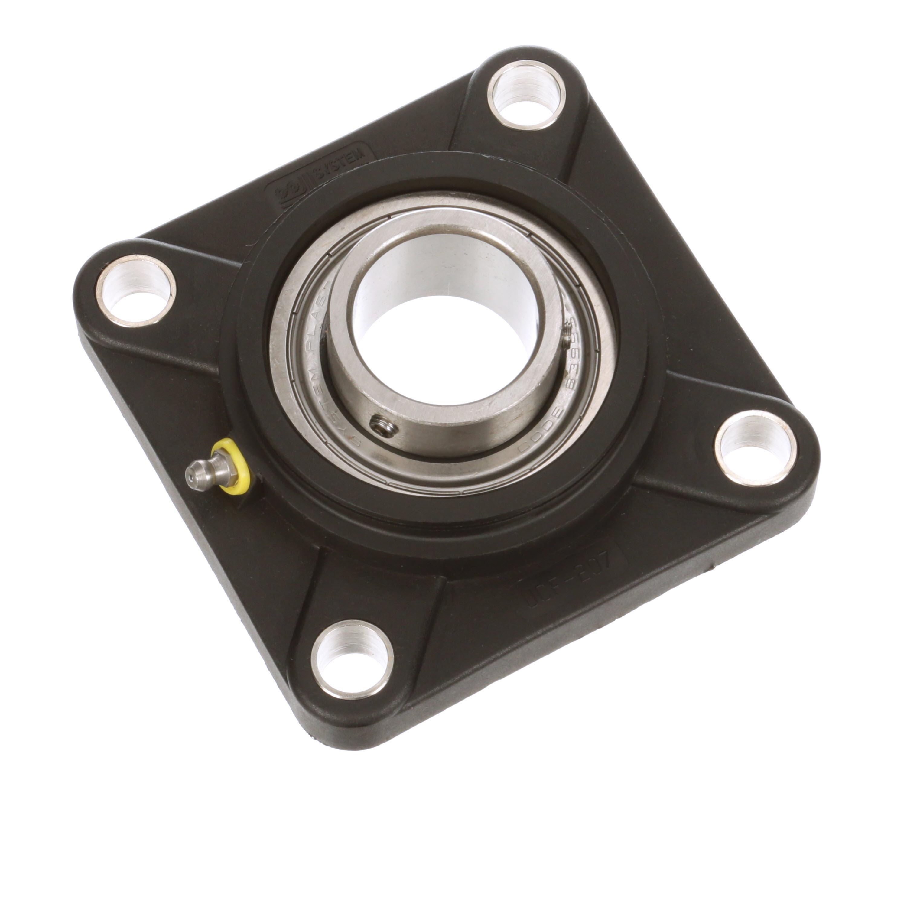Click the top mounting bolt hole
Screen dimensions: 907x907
526,97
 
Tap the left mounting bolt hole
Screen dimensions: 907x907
136,291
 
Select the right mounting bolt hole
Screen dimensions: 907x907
755,449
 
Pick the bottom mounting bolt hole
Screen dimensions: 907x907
352,660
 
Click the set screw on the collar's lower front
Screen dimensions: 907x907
383,426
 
